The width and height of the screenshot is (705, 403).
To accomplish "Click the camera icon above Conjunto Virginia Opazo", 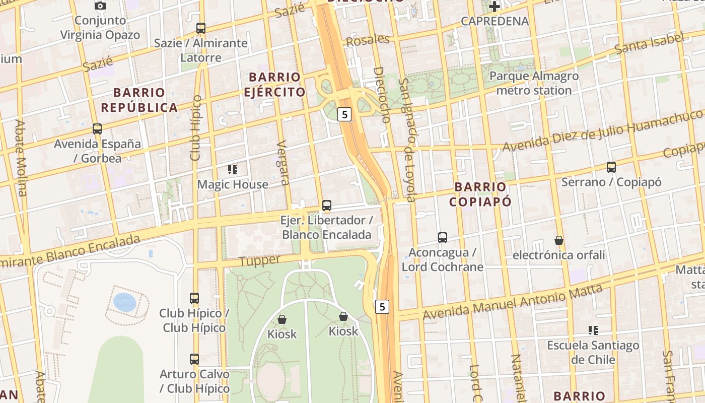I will [x=100, y=6].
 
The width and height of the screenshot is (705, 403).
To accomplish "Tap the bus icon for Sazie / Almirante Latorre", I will [x=201, y=28].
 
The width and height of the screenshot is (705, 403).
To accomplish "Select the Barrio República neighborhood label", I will [x=139, y=100].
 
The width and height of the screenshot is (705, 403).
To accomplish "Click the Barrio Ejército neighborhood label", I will [x=274, y=84].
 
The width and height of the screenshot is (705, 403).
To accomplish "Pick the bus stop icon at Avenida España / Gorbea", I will [x=97, y=129].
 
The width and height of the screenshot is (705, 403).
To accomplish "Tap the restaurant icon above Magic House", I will [x=232, y=170].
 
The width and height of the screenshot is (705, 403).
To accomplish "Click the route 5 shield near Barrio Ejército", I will [x=344, y=114].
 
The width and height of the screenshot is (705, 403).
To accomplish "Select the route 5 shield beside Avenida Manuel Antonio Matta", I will [x=383, y=306].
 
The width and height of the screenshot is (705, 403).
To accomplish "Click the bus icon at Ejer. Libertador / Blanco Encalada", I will [x=327, y=206].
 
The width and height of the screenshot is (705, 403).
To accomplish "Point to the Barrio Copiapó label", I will [x=480, y=194].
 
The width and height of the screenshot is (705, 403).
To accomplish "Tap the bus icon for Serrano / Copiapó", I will [x=611, y=167].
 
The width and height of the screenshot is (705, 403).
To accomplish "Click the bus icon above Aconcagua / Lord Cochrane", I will [x=443, y=238].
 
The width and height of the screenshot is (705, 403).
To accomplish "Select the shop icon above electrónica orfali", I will [x=558, y=240].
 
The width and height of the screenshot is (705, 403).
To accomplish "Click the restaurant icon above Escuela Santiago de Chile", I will [x=593, y=330].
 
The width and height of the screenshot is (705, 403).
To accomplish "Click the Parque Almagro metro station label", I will [x=534, y=83].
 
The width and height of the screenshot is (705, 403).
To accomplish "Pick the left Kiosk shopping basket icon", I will [x=282, y=319].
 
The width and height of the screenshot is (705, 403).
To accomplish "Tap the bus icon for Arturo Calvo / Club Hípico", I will [x=194, y=359].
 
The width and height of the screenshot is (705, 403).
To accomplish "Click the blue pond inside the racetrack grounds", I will [x=124, y=302].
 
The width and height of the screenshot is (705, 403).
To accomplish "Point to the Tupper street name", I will [x=259, y=260].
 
